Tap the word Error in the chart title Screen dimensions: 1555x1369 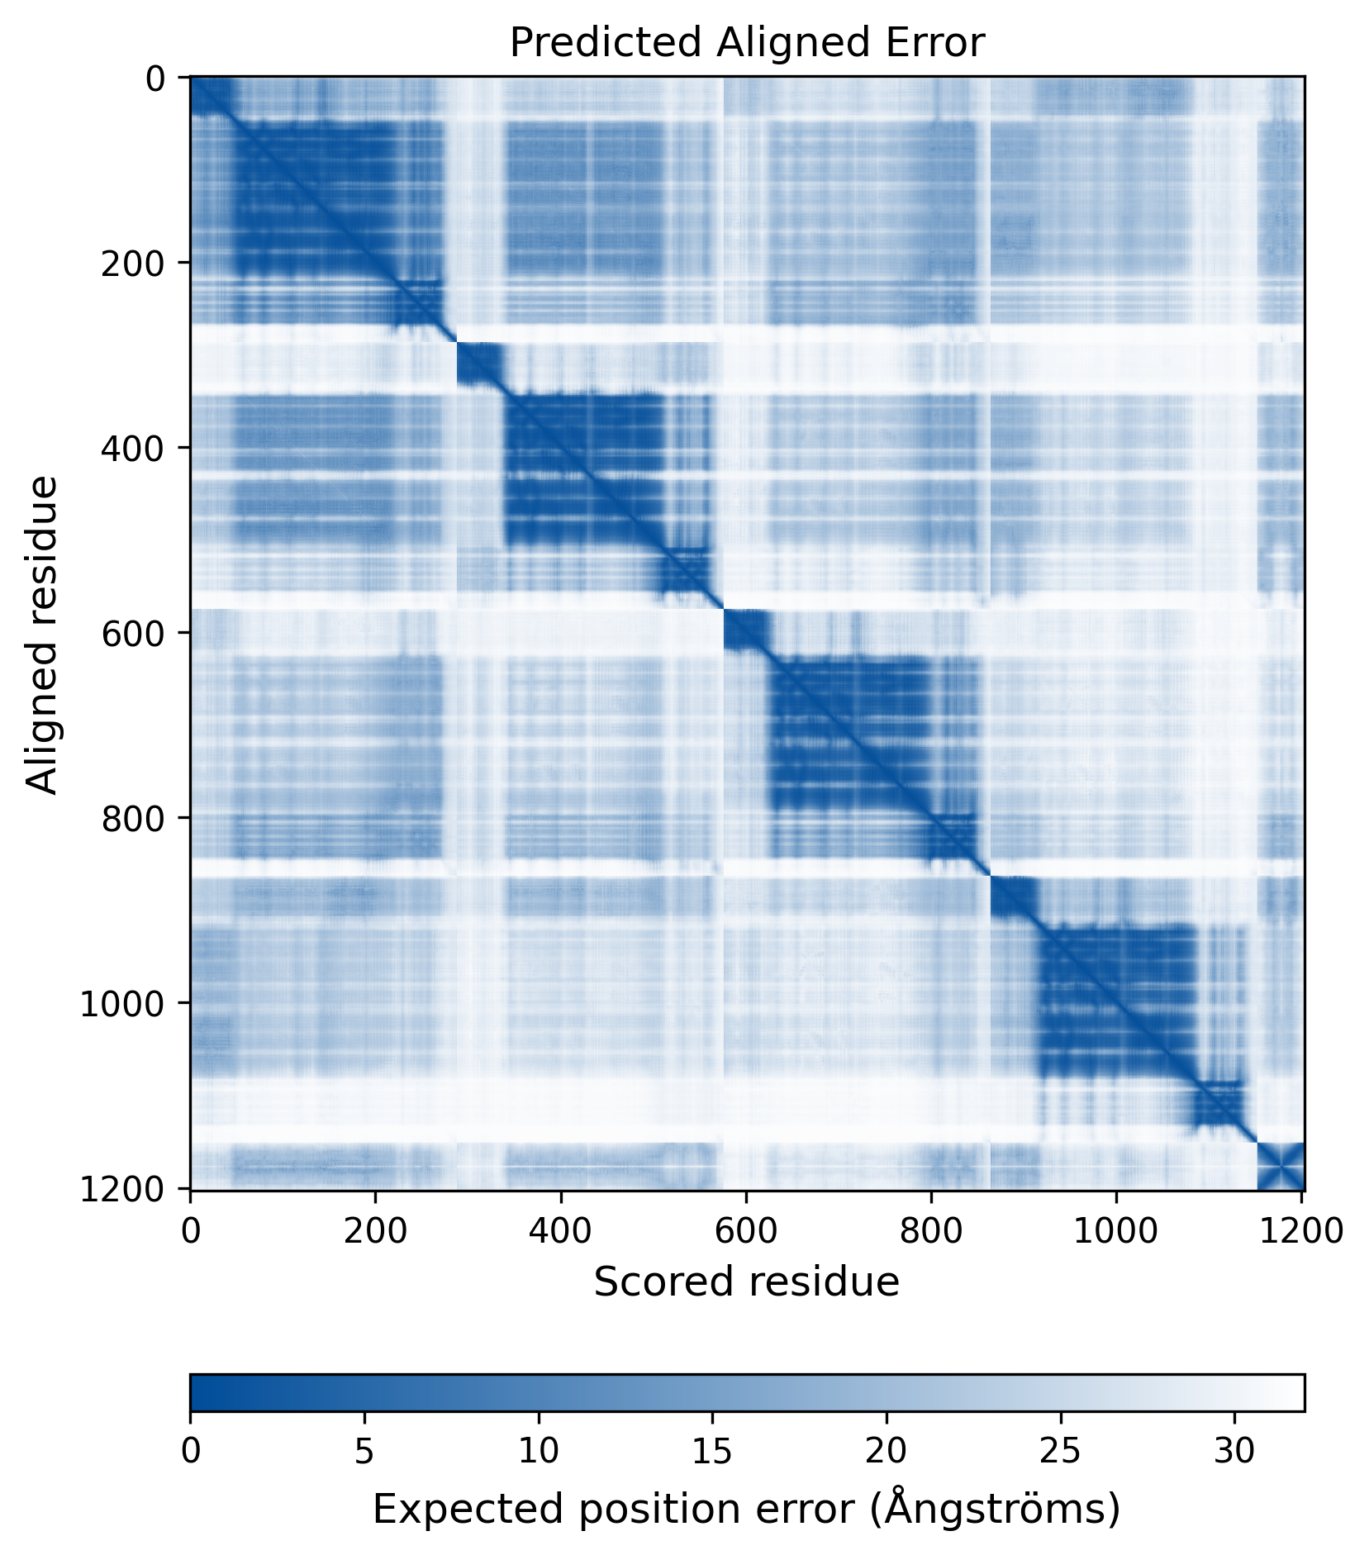[940, 43]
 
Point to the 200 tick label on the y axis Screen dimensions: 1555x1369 [132, 264]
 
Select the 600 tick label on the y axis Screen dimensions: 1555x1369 [132, 634]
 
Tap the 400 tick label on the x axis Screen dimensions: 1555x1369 [561, 1230]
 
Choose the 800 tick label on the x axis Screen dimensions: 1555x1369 [931, 1230]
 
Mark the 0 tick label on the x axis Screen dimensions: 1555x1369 [191, 1230]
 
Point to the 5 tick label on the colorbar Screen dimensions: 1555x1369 [364, 1451]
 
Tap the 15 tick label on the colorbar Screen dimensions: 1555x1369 [712, 1451]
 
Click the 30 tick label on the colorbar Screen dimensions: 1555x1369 [1234, 1451]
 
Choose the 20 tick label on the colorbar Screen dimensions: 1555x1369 [887, 1451]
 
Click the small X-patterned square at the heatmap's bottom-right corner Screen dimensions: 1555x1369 [1280, 1166]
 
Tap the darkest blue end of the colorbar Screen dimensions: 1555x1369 [198, 1392]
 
